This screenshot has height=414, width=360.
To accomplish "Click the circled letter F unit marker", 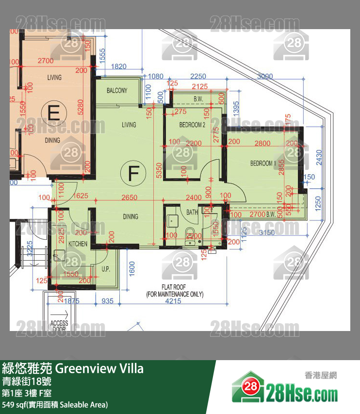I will (131, 173).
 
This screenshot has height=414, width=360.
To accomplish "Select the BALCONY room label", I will (117, 90).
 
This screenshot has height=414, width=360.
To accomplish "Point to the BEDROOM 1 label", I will (263, 163).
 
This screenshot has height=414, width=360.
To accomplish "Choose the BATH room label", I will (192, 212).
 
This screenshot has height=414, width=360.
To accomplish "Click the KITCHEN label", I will (78, 244).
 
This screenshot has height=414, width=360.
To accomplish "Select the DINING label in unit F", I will (130, 216).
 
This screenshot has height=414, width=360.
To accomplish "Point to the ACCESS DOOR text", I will (59, 326).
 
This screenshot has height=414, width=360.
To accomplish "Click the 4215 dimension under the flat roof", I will (174, 301).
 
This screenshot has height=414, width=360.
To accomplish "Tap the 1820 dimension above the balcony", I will (119, 66).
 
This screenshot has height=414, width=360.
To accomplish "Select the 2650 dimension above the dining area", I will (130, 198).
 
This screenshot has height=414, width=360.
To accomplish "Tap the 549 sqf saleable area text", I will (55, 404).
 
